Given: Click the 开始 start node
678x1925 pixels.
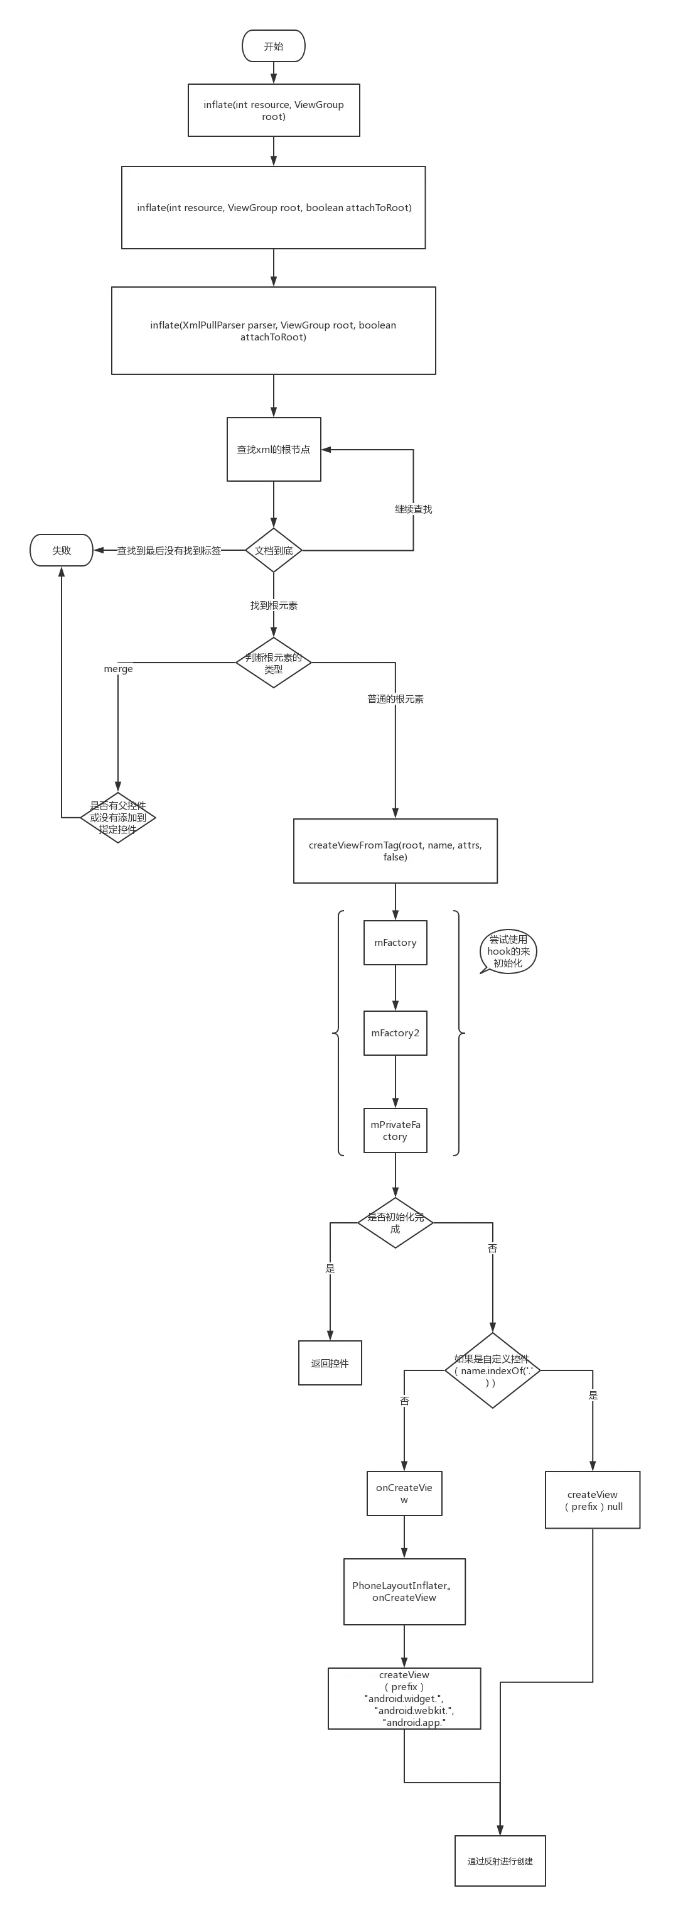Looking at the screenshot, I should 273,46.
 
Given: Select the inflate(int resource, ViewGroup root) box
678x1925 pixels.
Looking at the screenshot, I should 273,111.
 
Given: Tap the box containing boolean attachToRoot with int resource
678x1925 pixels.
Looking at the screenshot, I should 273,208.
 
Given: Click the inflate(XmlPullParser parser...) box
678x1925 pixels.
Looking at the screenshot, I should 273,331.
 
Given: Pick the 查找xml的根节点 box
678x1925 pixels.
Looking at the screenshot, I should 273,450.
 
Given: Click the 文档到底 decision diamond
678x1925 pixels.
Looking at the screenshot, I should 273,551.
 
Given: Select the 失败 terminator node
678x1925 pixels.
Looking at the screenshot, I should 62,551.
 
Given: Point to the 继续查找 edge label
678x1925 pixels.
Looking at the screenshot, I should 414,509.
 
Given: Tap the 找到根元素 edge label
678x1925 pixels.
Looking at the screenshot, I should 273,605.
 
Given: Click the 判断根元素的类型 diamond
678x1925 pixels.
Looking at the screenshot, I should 273,663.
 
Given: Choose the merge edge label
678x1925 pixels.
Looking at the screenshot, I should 118,669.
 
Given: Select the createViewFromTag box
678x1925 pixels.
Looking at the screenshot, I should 395,851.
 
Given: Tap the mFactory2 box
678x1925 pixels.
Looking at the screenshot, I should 395,1034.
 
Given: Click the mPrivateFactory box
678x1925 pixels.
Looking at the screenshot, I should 395,1131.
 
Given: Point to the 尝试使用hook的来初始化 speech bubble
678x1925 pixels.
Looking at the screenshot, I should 508,952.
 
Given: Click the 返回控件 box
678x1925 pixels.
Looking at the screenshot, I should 330,1363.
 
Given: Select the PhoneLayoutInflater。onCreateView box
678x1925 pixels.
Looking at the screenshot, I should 404,1592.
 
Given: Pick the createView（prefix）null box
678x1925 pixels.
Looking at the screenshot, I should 593,1500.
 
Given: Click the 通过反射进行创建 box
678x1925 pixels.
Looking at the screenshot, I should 500,1861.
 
